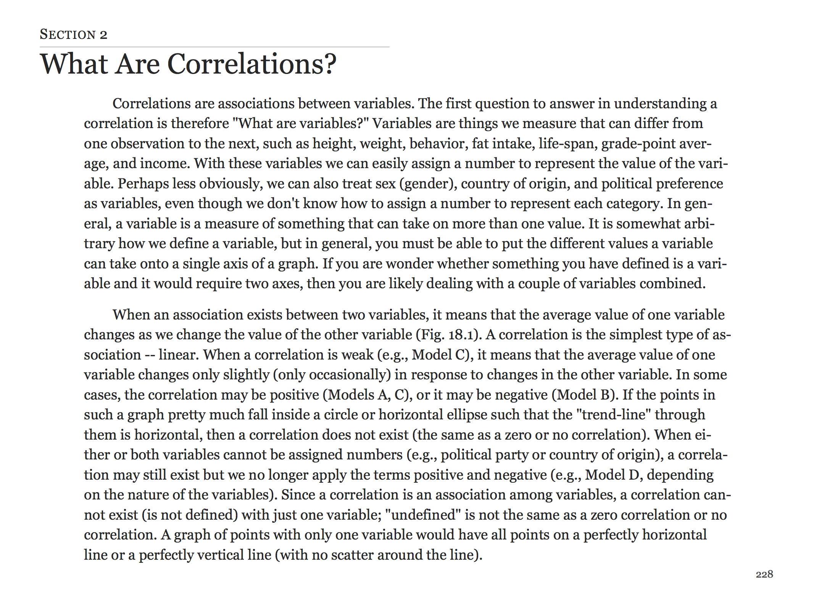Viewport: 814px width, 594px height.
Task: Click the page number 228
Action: point(764,574)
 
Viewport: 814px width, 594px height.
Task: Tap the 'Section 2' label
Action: point(73,35)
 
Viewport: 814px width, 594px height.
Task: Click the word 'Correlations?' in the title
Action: point(252,64)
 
